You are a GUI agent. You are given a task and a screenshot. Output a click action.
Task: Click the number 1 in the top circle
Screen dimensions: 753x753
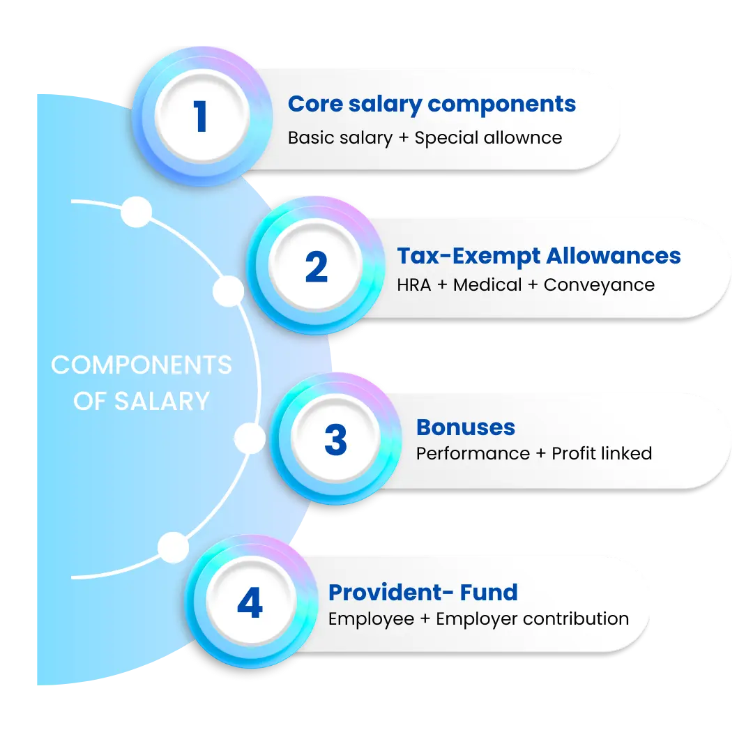(x=201, y=117)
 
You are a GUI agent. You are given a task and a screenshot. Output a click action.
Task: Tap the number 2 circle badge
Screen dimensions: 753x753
(x=316, y=268)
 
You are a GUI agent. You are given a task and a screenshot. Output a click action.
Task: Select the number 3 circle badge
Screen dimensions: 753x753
(x=335, y=440)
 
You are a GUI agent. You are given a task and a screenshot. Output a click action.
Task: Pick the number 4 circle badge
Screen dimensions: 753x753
(x=249, y=604)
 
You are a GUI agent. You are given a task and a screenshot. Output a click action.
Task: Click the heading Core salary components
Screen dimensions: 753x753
(x=432, y=104)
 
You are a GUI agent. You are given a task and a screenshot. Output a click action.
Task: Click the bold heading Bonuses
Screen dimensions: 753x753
(x=466, y=427)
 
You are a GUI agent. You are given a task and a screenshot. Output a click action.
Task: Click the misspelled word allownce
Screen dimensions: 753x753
(x=526, y=137)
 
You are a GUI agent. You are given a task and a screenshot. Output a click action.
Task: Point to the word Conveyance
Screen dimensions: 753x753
(x=599, y=285)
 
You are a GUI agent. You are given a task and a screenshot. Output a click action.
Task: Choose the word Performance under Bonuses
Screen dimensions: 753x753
(x=473, y=454)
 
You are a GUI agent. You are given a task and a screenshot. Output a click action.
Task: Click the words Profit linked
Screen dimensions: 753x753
(x=602, y=454)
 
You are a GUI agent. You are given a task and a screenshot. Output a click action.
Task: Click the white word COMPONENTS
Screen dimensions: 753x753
(x=142, y=365)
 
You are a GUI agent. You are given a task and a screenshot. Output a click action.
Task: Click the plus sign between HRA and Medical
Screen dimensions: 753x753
(x=442, y=285)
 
